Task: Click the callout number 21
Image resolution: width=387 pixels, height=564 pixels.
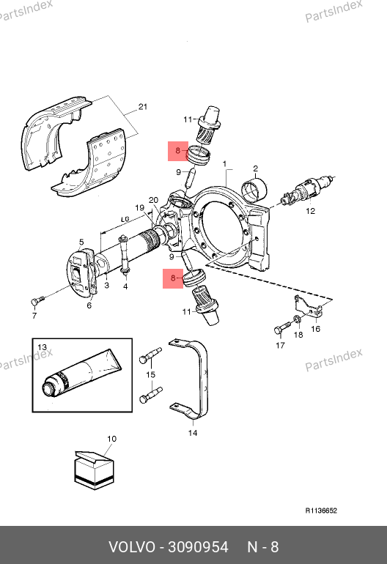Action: (x=143, y=107)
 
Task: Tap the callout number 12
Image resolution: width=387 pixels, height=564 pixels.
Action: (x=310, y=211)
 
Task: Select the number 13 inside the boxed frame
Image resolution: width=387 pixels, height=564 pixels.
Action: (x=42, y=347)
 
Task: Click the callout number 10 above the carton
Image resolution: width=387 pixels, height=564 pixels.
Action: (x=112, y=439)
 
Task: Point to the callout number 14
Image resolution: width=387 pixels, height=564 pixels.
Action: (x=193, y=433)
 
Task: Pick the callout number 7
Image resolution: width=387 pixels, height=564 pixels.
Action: (x=34, y=316)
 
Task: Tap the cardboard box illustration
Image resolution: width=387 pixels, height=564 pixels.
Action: (x=94, y=470)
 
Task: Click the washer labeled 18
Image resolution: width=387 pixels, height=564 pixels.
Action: (x=298, y=319)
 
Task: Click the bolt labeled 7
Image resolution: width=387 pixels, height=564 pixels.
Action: (x=37, y=300)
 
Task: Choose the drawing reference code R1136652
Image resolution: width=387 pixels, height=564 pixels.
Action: (x=321, y=511)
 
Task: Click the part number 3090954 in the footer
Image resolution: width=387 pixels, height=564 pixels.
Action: (x=199, y=547)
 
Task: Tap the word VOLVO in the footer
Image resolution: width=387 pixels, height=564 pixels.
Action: (x=132, y=547)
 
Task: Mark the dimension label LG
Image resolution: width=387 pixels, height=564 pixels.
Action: (x=125, y=219)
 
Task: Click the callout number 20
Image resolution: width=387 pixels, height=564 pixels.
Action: (x=154, y=201)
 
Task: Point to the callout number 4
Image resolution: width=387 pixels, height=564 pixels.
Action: (x=125, y=286)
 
